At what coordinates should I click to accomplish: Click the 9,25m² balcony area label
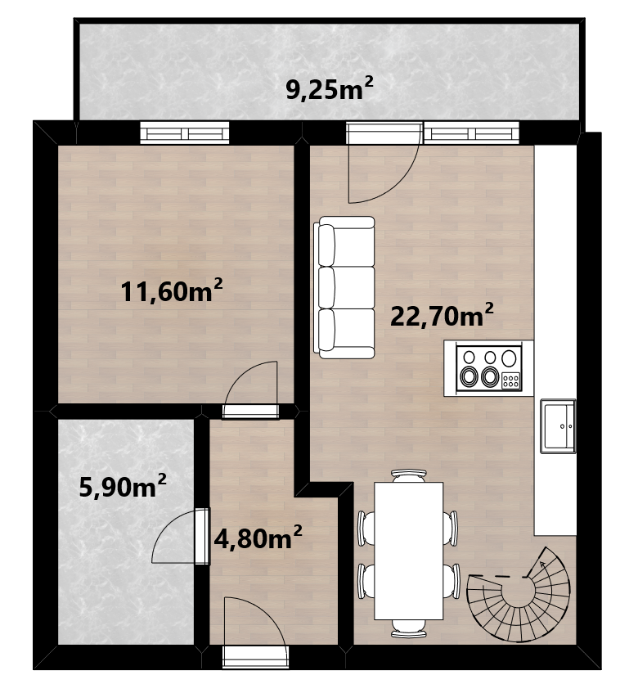(x=330, y=88)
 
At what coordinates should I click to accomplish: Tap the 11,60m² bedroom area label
(x=172, y=290)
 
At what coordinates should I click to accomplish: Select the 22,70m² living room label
(x=442, y=315)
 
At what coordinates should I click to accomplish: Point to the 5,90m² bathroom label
(x=123, y=486)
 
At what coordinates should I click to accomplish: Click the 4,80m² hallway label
(x=258, y=537)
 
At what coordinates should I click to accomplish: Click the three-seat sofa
(x=344, y=287)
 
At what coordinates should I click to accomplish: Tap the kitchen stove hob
(x=489, y=368)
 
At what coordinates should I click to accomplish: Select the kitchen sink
(x=558, y=426)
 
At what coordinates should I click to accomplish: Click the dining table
(x=409, y=551)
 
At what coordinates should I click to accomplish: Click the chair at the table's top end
(x=409, y=475)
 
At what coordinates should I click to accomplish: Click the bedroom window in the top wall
(x=185, y=133)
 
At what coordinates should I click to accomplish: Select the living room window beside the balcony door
(x=471, y=133)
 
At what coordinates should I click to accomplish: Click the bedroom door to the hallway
(x=251, y=389)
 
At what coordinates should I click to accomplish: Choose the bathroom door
(x=181, y=536)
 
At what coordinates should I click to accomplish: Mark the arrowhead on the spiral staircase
(x=542, y=563)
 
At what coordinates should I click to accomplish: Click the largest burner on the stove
(x=509, y=358)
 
